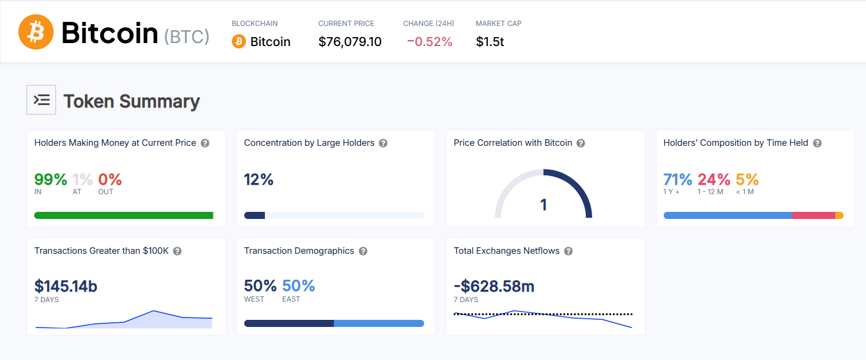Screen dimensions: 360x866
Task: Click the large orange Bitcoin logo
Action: pos(36,32)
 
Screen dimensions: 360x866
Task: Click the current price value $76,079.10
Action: pos(350,42)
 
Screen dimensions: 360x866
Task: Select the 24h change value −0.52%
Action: pos(429,42)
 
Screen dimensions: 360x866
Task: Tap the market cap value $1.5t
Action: pos(490,42)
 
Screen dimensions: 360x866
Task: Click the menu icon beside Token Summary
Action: pos(41,100)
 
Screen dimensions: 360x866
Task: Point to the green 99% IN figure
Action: pos(51,179)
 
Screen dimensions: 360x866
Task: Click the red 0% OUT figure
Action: pos(110,179)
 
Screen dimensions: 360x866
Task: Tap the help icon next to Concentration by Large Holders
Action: pos(383,143)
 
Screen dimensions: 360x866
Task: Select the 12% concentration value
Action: pos(259,179)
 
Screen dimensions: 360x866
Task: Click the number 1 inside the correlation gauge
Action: pos(543,205)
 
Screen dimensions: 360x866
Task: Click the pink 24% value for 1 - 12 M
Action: pos(714,179)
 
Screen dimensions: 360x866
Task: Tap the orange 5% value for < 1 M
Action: pos(747,179)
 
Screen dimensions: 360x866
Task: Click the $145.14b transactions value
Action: pos(66,286)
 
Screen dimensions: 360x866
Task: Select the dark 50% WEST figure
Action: pos(260,286)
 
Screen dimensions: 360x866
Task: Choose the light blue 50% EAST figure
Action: pos(298,286)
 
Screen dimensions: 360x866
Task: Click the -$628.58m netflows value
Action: pos(494,286)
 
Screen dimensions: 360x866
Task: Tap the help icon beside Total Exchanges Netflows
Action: pos(568,251)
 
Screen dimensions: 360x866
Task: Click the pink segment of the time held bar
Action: pos(813,215)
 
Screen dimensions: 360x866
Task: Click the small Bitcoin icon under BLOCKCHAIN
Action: pos(239,41)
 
